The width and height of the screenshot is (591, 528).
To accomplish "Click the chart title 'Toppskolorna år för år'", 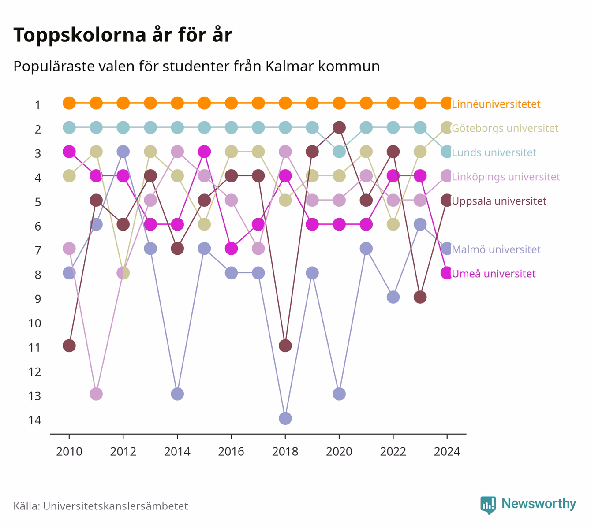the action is coord(123,35).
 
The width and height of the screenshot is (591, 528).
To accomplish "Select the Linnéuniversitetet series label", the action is coord(496,104).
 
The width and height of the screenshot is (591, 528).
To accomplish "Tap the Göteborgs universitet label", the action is coord(505,128).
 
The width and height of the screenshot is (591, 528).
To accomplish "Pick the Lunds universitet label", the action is coord(494,152).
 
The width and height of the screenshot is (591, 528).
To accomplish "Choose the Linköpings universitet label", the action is coord(506,177).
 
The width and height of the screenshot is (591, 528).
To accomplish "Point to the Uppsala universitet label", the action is coord(499,201).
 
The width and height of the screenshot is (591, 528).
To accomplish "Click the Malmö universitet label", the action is coord(496,249).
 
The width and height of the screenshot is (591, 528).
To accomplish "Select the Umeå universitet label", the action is coord(494,274).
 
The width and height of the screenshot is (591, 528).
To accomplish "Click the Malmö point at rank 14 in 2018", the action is coord(285,418).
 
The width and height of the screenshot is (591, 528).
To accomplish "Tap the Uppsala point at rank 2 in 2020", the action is coord(339,127).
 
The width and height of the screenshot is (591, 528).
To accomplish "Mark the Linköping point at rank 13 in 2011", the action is coord(96,394).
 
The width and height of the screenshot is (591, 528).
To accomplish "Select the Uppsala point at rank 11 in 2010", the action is coord(69,346).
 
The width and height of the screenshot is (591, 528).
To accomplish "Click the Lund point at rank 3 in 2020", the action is coord(339,152).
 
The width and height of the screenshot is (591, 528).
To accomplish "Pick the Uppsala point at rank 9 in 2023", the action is coord(420,297).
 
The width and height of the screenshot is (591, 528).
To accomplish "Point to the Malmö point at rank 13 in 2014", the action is coord(177,394).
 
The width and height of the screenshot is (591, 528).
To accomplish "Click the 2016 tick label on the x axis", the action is coord(231,452).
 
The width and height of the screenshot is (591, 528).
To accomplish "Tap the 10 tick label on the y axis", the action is coord(35,323).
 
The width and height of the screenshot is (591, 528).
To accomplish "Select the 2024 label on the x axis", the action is coord(447,452).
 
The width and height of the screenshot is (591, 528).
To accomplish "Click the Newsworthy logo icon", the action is coord(488,505).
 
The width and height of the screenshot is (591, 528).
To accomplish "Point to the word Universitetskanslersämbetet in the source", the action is coord(116,506).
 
